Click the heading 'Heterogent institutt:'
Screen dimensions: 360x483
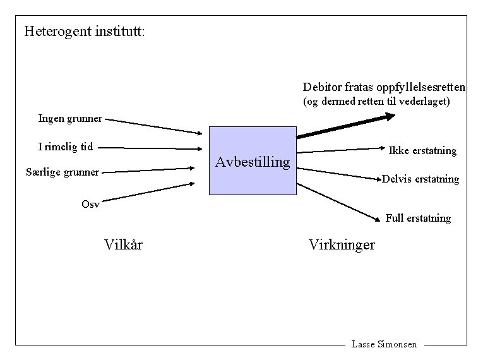click(85, 31)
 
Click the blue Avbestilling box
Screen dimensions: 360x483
click(253, 160)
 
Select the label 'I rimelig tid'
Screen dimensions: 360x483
click(65, 147)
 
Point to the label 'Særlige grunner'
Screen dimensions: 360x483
click(63, 172)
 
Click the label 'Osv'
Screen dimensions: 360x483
click(90, 203)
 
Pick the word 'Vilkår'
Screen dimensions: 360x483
click(123, 244)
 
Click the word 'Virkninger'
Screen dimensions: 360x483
click(342, 244)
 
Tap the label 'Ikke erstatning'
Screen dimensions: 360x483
click(422, 150)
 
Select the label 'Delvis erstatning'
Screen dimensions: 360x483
click(420, 179)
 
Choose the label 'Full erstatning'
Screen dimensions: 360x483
click(418, 219)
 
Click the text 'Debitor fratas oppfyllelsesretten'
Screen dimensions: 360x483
click(384, 87)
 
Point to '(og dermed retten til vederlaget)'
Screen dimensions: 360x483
click(376, 101)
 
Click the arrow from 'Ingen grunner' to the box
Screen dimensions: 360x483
click(155, 126)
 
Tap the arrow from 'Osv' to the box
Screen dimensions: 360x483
click(149, 193)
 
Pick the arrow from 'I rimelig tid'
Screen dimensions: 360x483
click(152, 149)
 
